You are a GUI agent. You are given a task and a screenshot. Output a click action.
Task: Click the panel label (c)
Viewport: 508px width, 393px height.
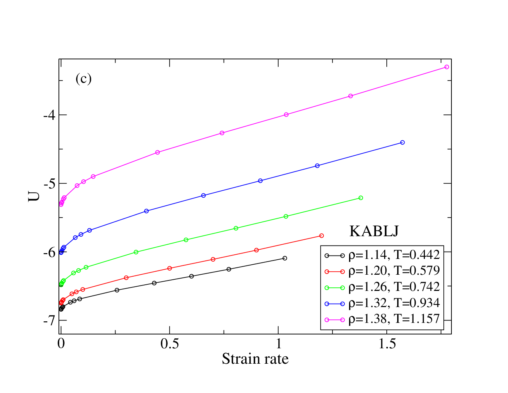coord(84,79)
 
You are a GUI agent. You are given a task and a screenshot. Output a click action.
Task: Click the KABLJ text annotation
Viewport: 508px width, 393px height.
coord(374,231)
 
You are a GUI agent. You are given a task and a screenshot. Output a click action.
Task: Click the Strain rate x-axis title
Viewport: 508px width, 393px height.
coord(255,359)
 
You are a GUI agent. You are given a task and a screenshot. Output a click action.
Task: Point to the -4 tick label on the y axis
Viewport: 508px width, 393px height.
coord(50,115)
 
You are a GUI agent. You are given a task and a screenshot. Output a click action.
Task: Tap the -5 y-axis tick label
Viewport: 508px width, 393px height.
coord(50,184)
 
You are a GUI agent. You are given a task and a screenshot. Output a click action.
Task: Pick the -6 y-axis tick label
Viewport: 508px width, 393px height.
coord(50,252)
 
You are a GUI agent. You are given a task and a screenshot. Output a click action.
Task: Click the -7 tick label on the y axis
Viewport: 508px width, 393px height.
coord(50,321)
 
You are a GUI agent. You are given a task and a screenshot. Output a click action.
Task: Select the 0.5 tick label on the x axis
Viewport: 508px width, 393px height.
coord(169,344)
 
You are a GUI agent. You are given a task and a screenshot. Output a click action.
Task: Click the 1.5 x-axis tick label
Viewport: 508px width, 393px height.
coord(387,344)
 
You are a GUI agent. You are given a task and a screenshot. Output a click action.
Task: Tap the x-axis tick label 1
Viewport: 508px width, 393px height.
coord(278,344)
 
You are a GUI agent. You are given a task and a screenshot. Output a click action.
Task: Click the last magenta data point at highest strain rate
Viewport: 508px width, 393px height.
coord(446,67)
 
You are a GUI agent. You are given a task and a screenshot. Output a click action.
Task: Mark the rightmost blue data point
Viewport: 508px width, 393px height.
coord(402,142)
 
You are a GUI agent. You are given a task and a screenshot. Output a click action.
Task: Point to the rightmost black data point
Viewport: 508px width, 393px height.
coord(285,258)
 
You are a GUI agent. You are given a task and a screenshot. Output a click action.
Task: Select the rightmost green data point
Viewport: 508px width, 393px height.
coord(361,198)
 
